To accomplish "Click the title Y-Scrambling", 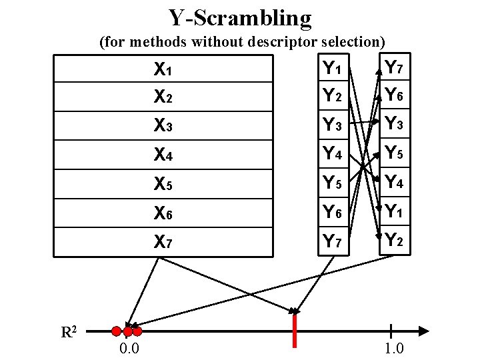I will point(240,18).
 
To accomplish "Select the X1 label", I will point(163,69).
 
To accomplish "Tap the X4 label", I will point(163,155).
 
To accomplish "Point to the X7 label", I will point(163,241).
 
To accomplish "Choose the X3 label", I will point(163,125).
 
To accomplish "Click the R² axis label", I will point(70,331).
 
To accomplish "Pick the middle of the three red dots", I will point(127,331).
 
